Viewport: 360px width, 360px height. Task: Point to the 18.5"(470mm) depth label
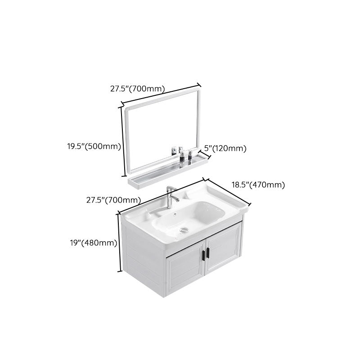tap(258, 184)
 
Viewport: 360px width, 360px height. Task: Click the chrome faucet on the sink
tap(171, 196)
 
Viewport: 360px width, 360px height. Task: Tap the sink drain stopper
tap(183, 229)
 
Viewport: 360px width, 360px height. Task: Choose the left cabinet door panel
tap(184, 270)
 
